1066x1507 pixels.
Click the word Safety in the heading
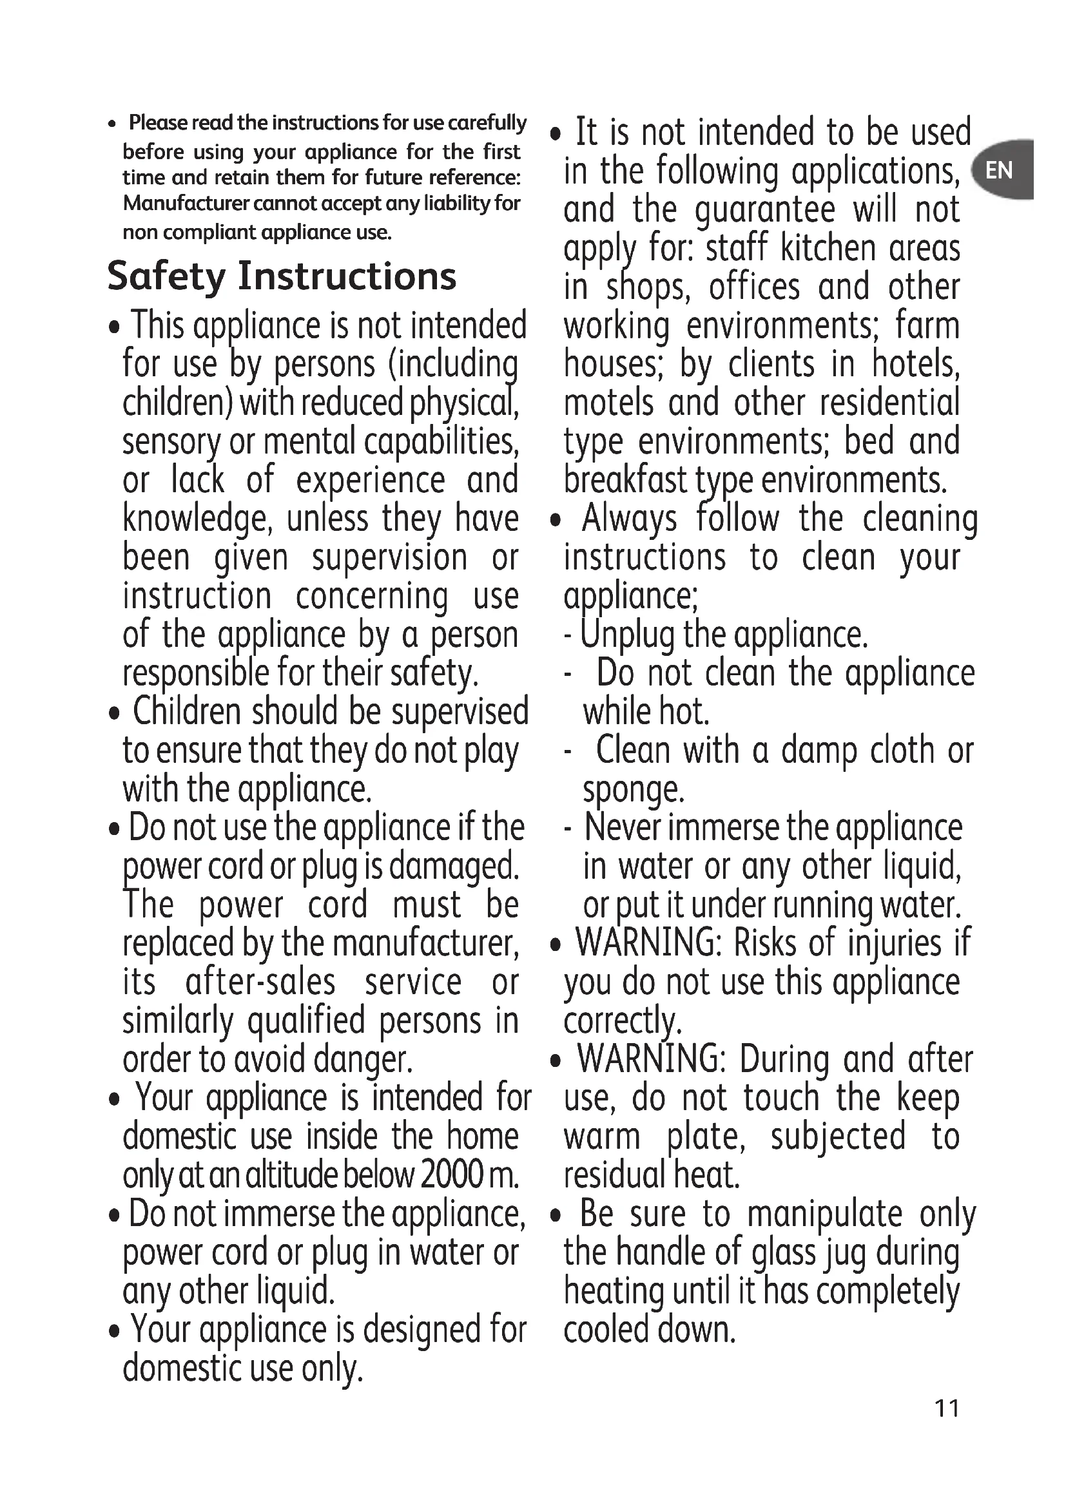[x=166, y=276]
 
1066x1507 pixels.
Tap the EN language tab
[x=1000, y=171]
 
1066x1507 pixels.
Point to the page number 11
[x=947, y=1408]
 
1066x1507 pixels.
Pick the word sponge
[x=633, y=790]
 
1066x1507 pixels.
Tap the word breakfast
[x=625, y=481]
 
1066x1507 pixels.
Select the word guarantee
[x=765, y=210]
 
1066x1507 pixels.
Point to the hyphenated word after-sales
[x=260, y=983]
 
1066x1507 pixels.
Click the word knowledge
[x=197, y=519]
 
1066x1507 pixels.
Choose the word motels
[x=608, y=403]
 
